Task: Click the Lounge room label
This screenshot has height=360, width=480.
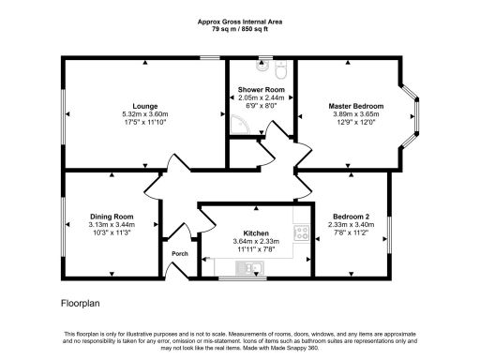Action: click(x=144, y=106)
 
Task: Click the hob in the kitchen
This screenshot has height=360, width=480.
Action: click(x=301, y=233)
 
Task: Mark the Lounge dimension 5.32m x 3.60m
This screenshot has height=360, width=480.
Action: click(x=144, y=114)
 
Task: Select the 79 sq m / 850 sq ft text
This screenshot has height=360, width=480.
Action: click(x=239, y=27)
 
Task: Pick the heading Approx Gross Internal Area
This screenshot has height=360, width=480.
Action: click(x=239, y=20)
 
